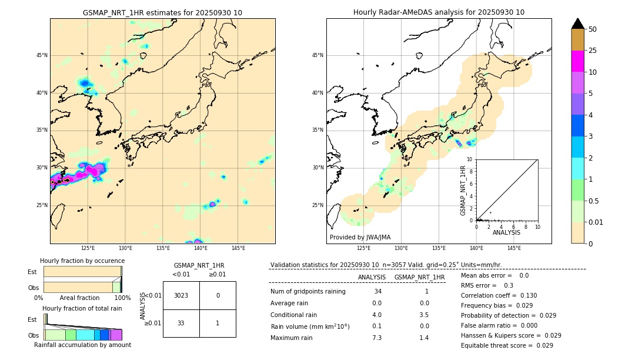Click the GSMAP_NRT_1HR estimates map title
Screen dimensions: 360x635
162,12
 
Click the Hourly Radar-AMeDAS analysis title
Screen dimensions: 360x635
439,12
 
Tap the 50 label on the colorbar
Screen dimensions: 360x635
593,29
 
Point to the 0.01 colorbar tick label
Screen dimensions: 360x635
597,222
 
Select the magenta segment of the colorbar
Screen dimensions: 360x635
577,61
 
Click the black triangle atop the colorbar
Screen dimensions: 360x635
577,24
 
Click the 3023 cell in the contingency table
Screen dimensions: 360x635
181,295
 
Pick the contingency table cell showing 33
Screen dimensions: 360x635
181,322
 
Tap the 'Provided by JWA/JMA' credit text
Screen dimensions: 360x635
360,237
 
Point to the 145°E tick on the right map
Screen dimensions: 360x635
514,248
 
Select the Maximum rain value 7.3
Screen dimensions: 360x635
377,338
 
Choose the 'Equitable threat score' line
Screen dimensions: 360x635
507,345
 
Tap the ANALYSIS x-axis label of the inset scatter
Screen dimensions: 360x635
506,232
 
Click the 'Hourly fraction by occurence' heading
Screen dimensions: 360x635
82,261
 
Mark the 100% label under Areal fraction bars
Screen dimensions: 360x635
122,298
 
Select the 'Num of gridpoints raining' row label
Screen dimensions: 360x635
308,291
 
